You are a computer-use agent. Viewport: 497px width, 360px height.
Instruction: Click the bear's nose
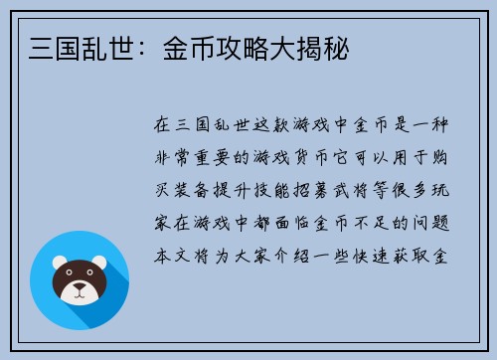pos(80,290)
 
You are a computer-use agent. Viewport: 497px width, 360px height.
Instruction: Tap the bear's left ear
pos(58,263)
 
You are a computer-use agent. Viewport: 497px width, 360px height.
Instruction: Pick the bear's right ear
pos(100,263)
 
